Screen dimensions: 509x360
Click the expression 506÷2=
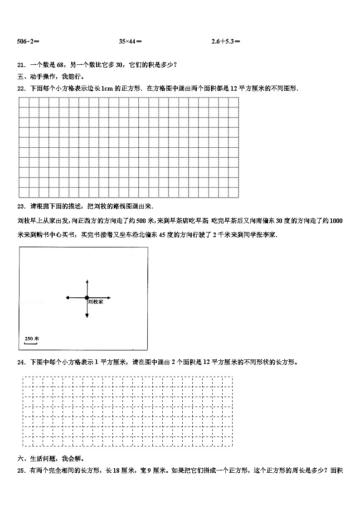coord(28,42)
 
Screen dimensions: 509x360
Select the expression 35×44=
coord(130,42)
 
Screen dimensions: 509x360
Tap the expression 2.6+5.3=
coord(225,42)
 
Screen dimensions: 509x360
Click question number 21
coord(20,65)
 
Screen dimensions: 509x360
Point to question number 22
coord(20,88)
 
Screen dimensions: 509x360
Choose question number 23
coord(20,206)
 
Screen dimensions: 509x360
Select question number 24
coord(20,362)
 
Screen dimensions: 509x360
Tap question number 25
coord(20,470)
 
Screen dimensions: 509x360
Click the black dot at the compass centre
coord(87,298)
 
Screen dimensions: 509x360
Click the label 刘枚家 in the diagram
coord(95,302)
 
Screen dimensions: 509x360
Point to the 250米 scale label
coord(32,338)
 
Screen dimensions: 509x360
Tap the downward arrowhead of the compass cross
coord(87,316)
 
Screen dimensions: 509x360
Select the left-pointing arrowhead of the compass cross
coord(68,298)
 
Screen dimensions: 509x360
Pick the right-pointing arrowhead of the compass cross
coord(109,298)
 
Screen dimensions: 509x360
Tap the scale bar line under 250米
coord(30,343)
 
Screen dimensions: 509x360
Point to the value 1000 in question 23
coord(336,221)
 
